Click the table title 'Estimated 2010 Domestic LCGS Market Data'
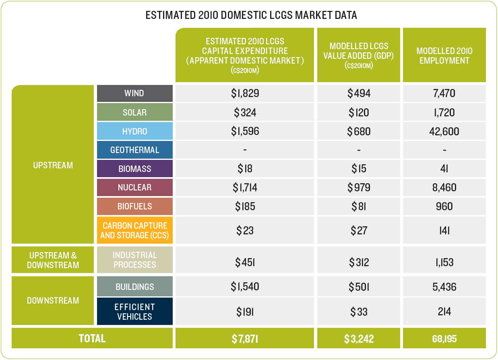coord(251,15)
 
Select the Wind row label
coord(134,93)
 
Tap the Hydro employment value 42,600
coord(444,131)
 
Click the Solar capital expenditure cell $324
coord(245,112)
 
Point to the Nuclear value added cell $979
coord(359,187)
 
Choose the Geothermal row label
coord(135,150)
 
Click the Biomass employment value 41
coord(444,169)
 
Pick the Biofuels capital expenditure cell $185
coord(245,206)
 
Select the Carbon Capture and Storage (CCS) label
coord(135,230)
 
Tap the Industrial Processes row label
coord(135,260)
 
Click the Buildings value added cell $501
coord(359,287)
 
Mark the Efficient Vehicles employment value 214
coord(444,311)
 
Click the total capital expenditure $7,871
coord(245,339)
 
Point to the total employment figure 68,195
coord(444,339)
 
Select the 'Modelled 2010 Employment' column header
coord(444,56)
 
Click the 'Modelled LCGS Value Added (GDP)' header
coord(358,56)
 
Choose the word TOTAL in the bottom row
coord(92,338)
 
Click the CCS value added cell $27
coord(359,230)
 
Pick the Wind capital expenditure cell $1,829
coord(245,93)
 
